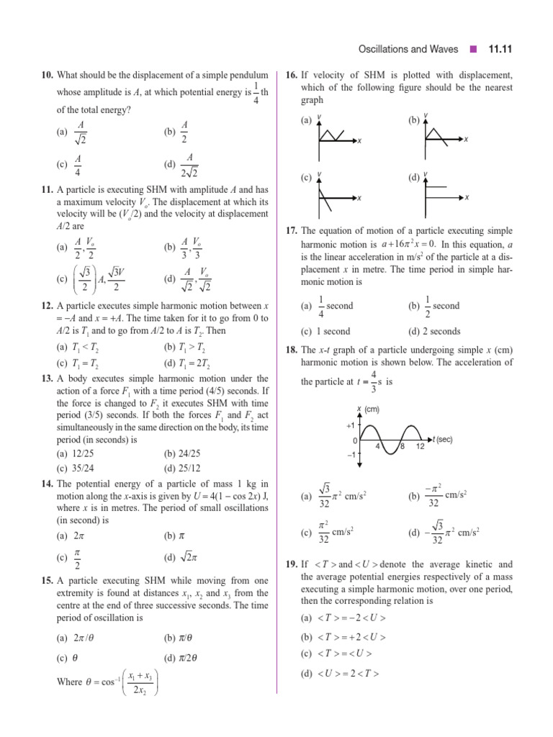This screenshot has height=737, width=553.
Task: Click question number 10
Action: coord(48,75)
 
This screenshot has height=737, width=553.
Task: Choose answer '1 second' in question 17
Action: coord(323,332)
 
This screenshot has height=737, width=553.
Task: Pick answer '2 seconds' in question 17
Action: coord(435,332)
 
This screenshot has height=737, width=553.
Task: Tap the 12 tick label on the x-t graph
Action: coord(421,447)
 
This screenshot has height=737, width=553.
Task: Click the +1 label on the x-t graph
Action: coord(351,426)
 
